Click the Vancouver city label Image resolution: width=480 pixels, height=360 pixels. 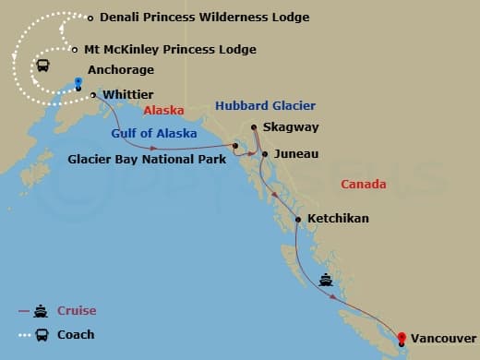(444, 339)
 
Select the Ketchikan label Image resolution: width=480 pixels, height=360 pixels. (339, 219)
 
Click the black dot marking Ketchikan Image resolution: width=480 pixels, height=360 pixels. (297, 219)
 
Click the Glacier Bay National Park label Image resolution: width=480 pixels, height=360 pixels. (148, 158)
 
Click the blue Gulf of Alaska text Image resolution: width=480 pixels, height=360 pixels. (154, 133)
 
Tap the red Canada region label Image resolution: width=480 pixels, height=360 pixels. (364, 185)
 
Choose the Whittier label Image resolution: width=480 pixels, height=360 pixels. (128, 94)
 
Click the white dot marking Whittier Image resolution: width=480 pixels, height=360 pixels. (93, 94)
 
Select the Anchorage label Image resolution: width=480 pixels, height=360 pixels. (120, 70)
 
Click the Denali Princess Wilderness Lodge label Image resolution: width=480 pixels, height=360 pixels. (204, 18)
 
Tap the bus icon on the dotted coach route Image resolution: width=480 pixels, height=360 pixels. (42, 66)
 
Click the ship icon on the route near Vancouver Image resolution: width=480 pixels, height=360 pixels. (326, 279)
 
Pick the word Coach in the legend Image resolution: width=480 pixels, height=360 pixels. (76, 334)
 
